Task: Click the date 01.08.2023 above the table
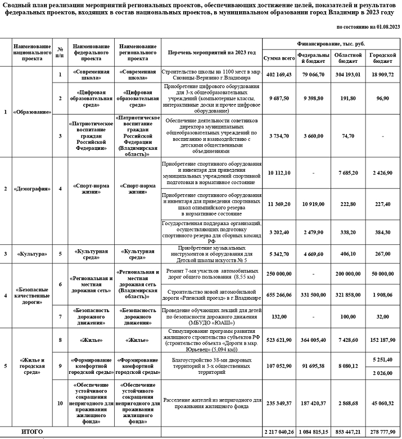coord(384,27)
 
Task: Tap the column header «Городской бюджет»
coord(383,58)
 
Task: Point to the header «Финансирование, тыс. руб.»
coord(331,43)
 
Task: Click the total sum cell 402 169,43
coord(279,75)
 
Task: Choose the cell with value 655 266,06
coord(279,295)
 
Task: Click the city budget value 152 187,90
coord(383,339)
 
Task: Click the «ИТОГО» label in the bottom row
coord(31,431)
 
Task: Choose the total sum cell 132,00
coord(279,317)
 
